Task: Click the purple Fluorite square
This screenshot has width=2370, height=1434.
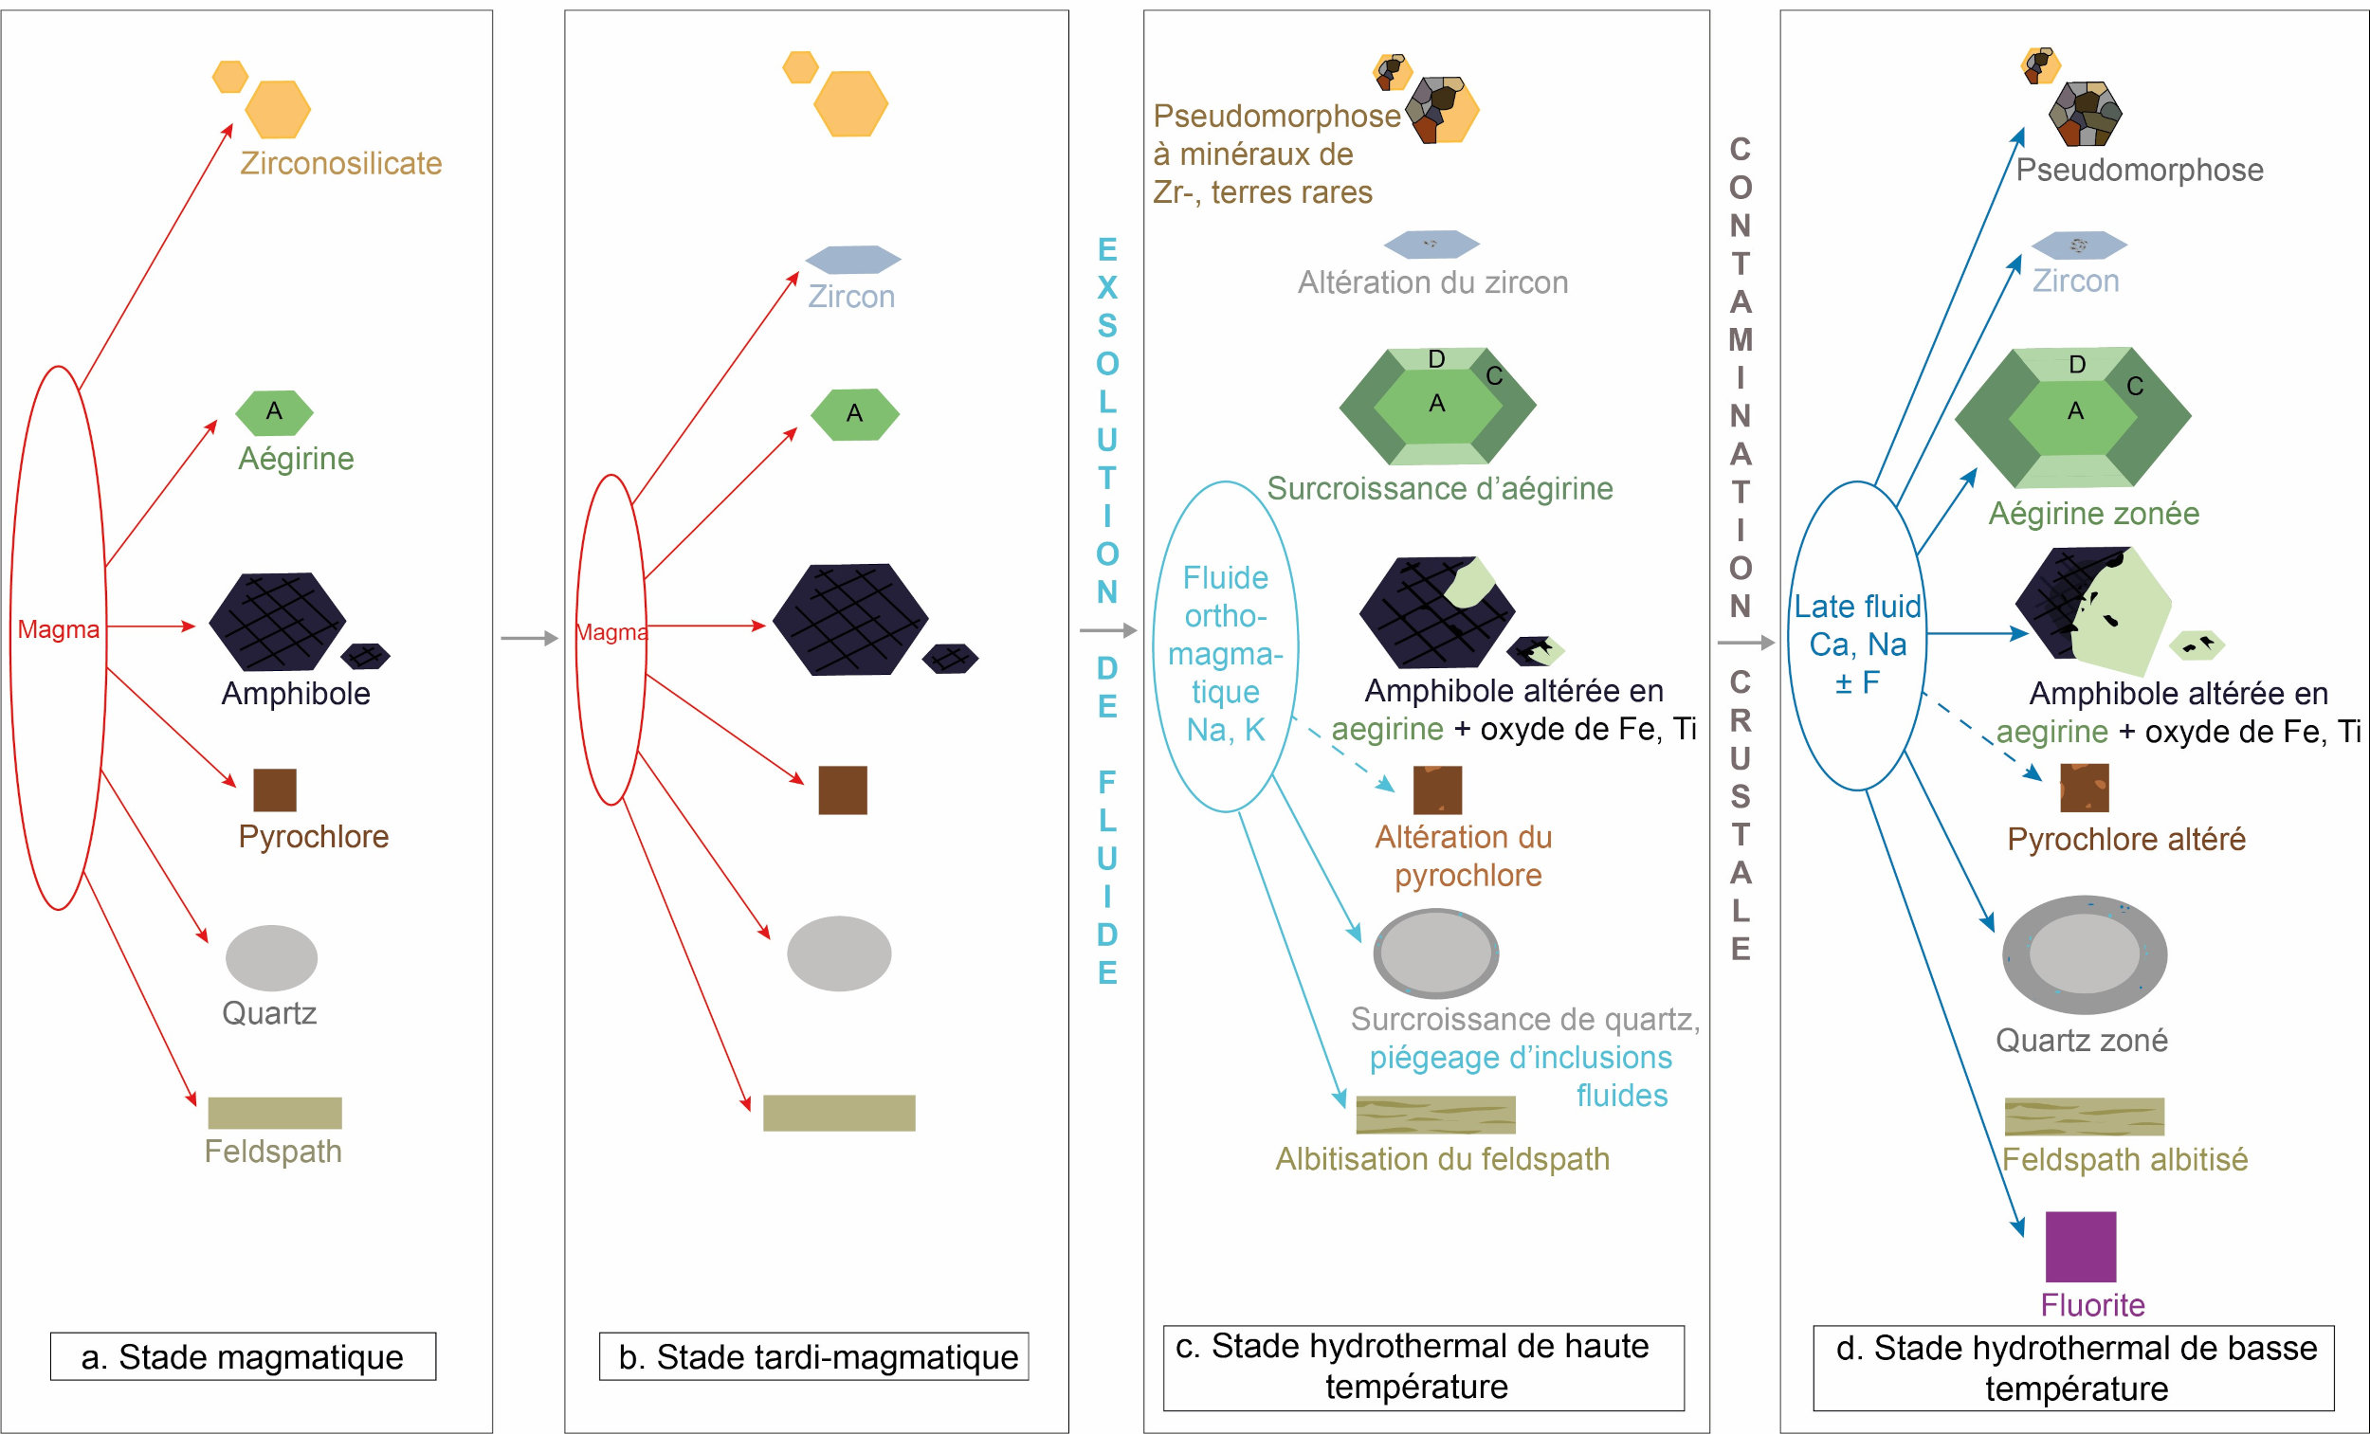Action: pyautogui.click(x=2080, y=1246)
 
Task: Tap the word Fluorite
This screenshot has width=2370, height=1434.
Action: pyautogui.click(x=2092, y=1305)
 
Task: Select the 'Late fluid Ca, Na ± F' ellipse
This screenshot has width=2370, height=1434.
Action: pyautogui.click(x=1856, y=636)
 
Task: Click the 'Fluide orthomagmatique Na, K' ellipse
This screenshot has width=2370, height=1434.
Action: pyautogui.click(x=1225, y=646)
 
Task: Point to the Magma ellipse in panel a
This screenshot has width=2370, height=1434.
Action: pyautogui.click(x=58, y=637)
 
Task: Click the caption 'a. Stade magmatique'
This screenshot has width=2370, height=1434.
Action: pyautogui.click(x=243, y=1356)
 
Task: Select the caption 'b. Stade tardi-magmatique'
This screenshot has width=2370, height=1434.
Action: pyautogui.click(x=813, y=1356)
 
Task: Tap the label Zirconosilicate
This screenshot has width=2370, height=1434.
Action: pyautogui.click(x=340, y=164)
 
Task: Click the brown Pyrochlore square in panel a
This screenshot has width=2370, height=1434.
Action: pyautogui.click(x=274, y=790)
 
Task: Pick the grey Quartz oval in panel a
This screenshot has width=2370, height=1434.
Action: pyautogui.click(x=271, y=958)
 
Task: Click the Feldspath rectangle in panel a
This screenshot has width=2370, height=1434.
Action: pyautogui.click(x=274, y=1113)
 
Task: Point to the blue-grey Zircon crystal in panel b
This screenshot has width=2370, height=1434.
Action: pyautogui.click(x=852, y=259)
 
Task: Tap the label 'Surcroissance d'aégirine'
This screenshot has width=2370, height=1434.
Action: pyautogui.click(x=1439, y=488)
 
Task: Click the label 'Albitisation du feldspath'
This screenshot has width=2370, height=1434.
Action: pyautogui.click(x=1442, y=1159)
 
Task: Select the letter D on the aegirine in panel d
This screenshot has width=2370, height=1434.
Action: pyautogui.click(x=2077, y=365)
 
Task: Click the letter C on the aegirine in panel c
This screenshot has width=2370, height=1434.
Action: pyautogui.click(x=1494, y=376)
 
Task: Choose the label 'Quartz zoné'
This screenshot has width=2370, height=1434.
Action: pyautogui.click(x=2082, y=1040)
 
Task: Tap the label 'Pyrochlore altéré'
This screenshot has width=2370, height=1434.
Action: pyautogui.click(x=2125, y=839)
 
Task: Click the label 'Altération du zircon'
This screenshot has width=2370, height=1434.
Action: pyautogui.click(x=1432, y=282)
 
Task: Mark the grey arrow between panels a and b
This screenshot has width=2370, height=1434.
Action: pyautogui.click(x=529, y=638)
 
